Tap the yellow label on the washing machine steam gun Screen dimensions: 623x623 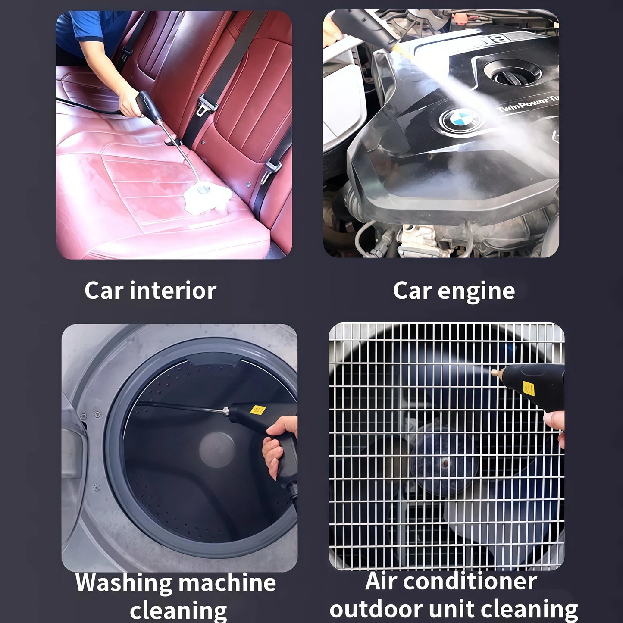pyautogui.click(x=257, y=409)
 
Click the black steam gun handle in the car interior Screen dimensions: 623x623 pyautogui.click(x=147, y=106)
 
